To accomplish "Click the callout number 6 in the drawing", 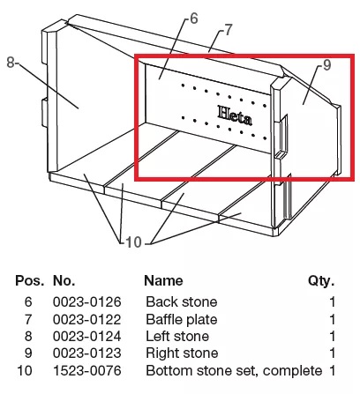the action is tap(194, 19).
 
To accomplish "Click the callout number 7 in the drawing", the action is tap(229, 30).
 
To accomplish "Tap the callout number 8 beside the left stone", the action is tap(11, 63).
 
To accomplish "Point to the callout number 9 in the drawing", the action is tap(327, 65).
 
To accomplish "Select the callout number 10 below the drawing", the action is tap(133, 242).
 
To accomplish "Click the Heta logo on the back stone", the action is tap(235, 115).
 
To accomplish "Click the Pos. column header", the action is tap(30, 280).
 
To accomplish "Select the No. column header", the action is tap(64, 280).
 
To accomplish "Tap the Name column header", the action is tap(163, 280).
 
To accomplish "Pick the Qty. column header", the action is tap(321, 281).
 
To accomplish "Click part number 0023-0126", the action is tap(87, 302).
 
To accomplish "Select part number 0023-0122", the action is tap(87, 319).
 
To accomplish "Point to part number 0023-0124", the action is tap(87, 337).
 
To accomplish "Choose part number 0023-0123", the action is tap(87, 353).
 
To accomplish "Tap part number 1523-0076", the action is tap(87, 370).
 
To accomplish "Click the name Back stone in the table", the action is tap(182, 302).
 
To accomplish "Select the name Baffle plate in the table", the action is tap(182, 320).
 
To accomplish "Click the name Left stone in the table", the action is tap(177, 337).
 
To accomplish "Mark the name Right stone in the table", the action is tap(182, 353).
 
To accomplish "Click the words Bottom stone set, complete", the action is tap(234, 371).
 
